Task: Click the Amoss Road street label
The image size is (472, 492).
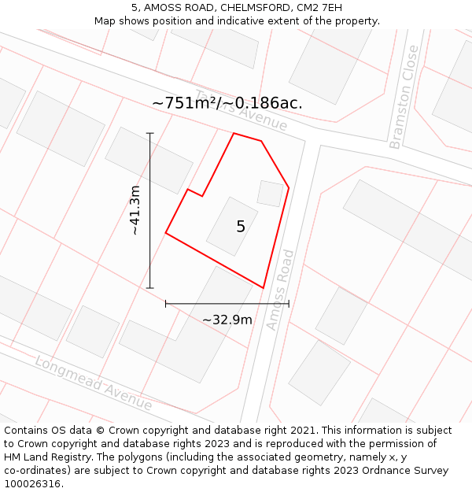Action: point(280,289)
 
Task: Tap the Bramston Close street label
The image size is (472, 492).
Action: point(404,97)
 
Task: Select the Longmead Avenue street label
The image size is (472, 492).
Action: point(93,383)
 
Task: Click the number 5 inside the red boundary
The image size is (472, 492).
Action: point(241,227)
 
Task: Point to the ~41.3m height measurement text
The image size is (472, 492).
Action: point(135,210)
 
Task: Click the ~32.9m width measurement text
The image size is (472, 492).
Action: point(227,320)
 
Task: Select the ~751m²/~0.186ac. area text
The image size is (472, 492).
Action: point(227,103)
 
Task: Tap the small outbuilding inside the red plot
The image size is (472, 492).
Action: point(271,193)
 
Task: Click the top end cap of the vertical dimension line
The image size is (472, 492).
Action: point(150,133)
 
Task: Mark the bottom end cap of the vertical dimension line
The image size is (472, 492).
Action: point(150,288)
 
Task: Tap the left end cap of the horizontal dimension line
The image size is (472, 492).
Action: point(166,303)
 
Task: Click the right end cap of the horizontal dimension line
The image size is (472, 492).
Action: point(289,303)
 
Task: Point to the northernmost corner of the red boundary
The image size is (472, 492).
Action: point(234,133)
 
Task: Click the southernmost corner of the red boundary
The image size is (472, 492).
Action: point(263,288)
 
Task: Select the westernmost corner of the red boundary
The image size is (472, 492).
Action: point(166,233)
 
